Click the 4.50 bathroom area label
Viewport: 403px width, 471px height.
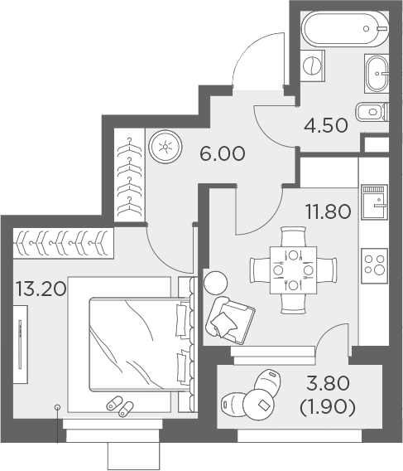325,129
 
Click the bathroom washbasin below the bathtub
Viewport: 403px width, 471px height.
377,74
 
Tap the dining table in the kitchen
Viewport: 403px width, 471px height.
293,269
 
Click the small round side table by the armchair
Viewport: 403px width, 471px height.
215,282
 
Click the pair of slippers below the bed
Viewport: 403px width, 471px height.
120,407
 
